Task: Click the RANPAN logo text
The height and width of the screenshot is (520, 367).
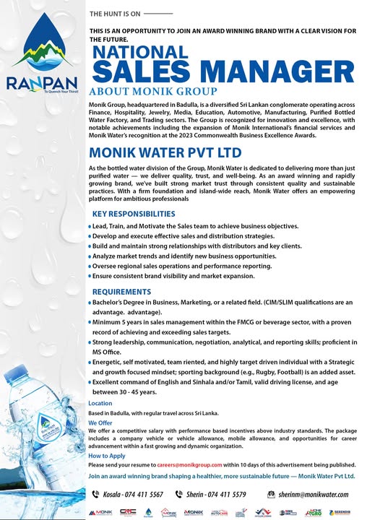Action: (43, 82)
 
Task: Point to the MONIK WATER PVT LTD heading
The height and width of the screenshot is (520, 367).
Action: (165, 153)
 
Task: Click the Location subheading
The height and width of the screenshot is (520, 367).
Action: (100, 403)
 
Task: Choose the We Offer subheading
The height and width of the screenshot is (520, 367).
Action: (100, 422)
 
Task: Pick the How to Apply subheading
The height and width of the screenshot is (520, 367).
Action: (107, 456)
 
